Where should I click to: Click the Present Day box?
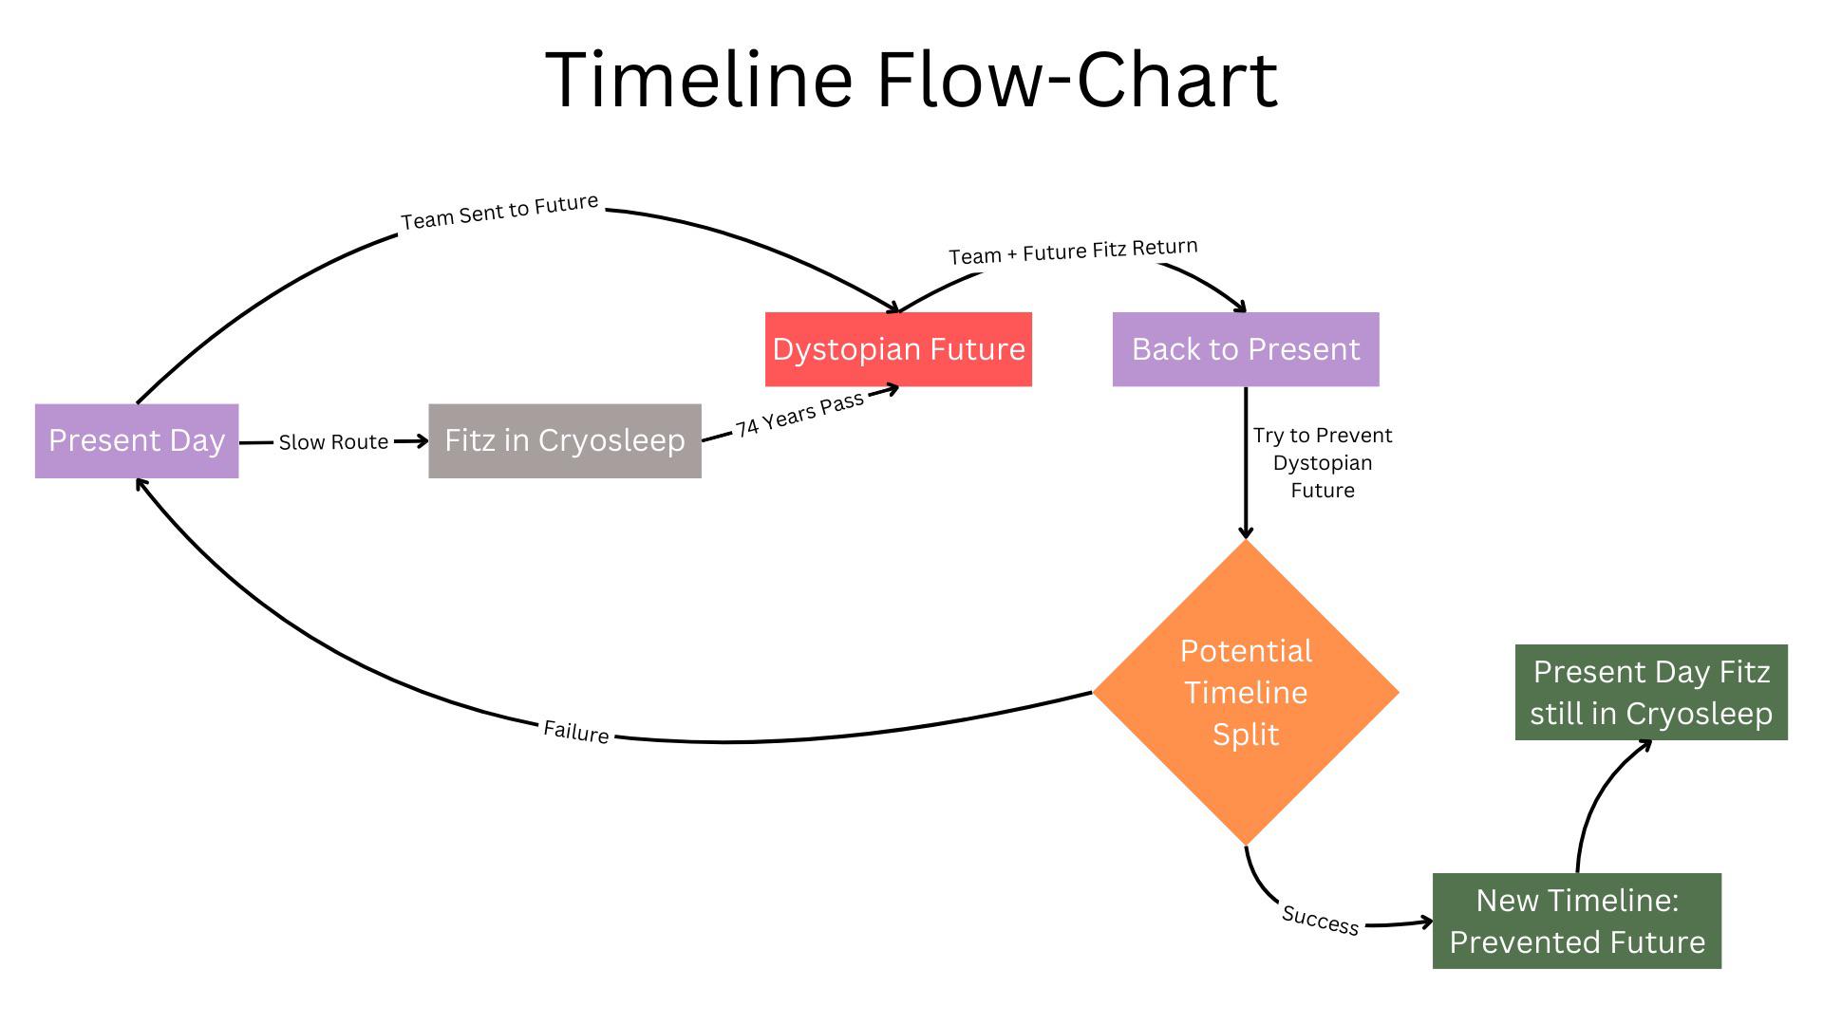pos(137,440)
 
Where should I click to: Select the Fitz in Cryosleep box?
pos(565,440)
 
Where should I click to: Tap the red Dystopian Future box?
pos(898,349)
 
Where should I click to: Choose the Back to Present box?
pos(1246,349)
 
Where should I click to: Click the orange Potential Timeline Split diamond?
pos(1246,693)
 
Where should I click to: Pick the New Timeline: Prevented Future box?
pos(1577,921)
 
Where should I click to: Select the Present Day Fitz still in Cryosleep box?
pos(1651,693)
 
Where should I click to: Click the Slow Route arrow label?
pos(333,442)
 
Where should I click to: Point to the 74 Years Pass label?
pos(799,415)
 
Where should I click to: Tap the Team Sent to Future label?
pos(499,213)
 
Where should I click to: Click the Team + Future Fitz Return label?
pos(1073,252)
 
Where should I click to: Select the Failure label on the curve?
pos(575,732)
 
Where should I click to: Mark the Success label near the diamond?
pos(1320,920)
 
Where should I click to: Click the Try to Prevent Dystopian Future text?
pos(1323,462)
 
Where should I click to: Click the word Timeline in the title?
pos(699,80)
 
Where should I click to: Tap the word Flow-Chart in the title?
pos(1077,80)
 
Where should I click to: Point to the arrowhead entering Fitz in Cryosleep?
pos(422,440)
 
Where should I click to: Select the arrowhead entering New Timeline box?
pos(1425,922)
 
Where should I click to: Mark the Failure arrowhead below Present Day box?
pos(141,485)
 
